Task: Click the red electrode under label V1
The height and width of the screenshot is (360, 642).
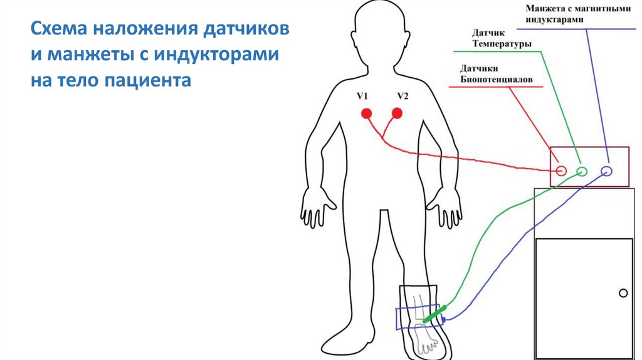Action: [366, 114]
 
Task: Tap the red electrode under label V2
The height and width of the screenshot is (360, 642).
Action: [396, 114]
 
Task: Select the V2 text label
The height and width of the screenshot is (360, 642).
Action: [402, 96]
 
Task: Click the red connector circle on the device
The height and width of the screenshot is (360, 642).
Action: [561, 171]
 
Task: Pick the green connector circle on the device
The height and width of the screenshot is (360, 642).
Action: [582, 171]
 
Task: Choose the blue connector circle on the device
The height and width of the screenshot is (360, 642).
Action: [606, 171]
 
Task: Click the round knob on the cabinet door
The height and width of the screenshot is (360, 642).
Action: [623, 293]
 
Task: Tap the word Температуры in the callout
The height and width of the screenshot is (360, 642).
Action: [504, 45]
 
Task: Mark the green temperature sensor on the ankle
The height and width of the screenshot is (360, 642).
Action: [434, 314]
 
